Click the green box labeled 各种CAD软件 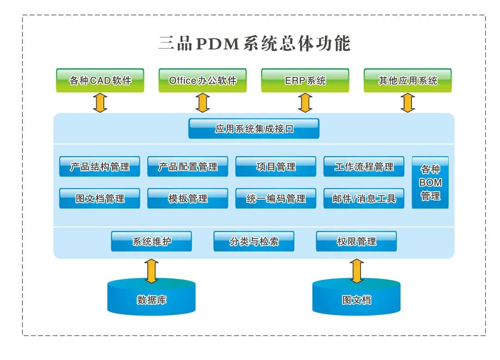click(x=100, y=81)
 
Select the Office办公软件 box click(x=202, y=81)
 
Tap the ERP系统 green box click(x=305, y=81)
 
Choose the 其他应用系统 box click(x=407, y=81)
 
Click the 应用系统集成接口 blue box click(x=254, y=129)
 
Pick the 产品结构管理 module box click(x=100, y=167)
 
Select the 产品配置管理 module click(x=187, y=167)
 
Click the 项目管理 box click(x=275, y=167)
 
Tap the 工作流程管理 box click(x=363, y=167)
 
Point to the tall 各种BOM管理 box click(x=430, y=183)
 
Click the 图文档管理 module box click(x=100, y=198)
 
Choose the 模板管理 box click(x=187, y=198)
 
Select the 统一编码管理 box click(x=275, y=198)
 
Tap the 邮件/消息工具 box click(x=363, y=198)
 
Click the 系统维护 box click(x=151, y=241)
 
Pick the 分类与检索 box click(x=254, y=241)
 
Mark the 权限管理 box click(x=356, y=241)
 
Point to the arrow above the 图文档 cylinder click(x=356, y=271)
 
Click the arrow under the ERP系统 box click(x=305, y=102)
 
